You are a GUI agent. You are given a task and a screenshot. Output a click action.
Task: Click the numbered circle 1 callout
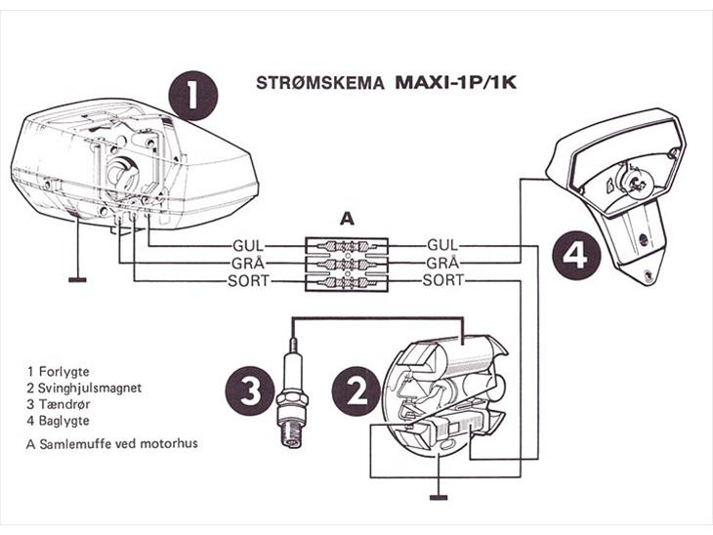(191, 96)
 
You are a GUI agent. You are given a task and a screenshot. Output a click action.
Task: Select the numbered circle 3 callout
(249, 392)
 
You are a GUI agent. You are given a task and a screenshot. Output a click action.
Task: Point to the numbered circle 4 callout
(576, 256)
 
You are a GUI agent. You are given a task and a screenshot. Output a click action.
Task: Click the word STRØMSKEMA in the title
(321, 82)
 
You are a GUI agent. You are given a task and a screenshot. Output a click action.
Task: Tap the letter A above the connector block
(345, 221)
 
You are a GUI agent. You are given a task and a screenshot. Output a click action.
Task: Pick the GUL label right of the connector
(444, 246)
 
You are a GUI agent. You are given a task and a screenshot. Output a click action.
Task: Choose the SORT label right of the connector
(444, 281)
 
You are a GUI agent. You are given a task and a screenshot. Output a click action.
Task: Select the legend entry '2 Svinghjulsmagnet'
(85, 388)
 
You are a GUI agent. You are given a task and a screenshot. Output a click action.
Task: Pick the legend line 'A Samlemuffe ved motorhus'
(113, 443)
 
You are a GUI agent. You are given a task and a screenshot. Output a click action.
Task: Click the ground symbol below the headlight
(77, 279)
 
